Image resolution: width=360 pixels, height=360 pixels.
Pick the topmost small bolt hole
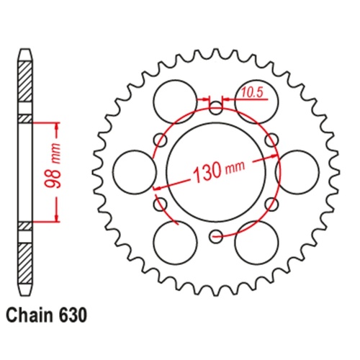click(x=217, y=109)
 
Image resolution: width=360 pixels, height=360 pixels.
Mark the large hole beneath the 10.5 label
click(x=257, y=97)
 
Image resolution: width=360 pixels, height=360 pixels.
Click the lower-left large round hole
click(x=176, y=243)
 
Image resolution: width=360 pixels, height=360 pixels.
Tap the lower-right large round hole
click(x=257, y=243)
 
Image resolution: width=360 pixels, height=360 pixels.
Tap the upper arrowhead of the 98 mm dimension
click(x=56, y=124)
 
